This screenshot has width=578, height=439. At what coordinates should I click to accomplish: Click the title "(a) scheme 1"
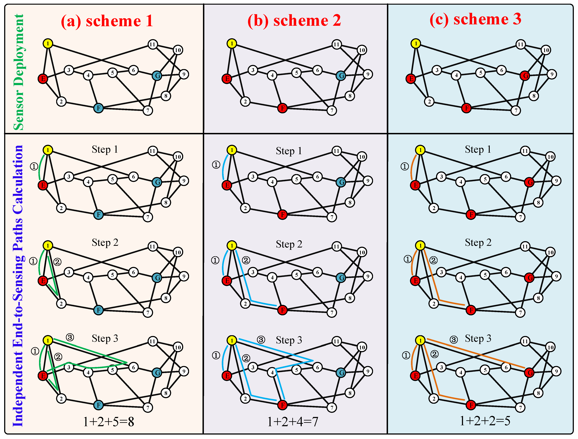tap(107, 21)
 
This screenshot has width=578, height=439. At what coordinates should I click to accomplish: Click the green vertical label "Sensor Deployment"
tap(18, 72)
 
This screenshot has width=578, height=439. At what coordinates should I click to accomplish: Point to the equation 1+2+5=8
tap(108, 421)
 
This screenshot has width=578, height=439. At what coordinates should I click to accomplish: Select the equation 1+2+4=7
tap(292, 421)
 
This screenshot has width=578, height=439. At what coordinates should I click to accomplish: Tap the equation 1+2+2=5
tap(485, 421)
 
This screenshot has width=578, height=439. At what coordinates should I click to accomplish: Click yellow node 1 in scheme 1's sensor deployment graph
tap(48, 43)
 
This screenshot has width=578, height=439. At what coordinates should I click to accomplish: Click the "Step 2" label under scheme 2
tap(289, 244)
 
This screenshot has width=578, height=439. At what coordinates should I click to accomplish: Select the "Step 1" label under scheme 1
tap(105, 149)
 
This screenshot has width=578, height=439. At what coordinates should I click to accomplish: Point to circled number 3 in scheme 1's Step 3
tap(70, 337)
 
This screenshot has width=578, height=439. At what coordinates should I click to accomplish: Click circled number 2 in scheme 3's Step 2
tap(433, 260)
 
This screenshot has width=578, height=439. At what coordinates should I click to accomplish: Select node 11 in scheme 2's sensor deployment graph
tap(336, 44)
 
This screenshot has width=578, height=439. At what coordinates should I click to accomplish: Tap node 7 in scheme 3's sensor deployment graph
tap(516, 110)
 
